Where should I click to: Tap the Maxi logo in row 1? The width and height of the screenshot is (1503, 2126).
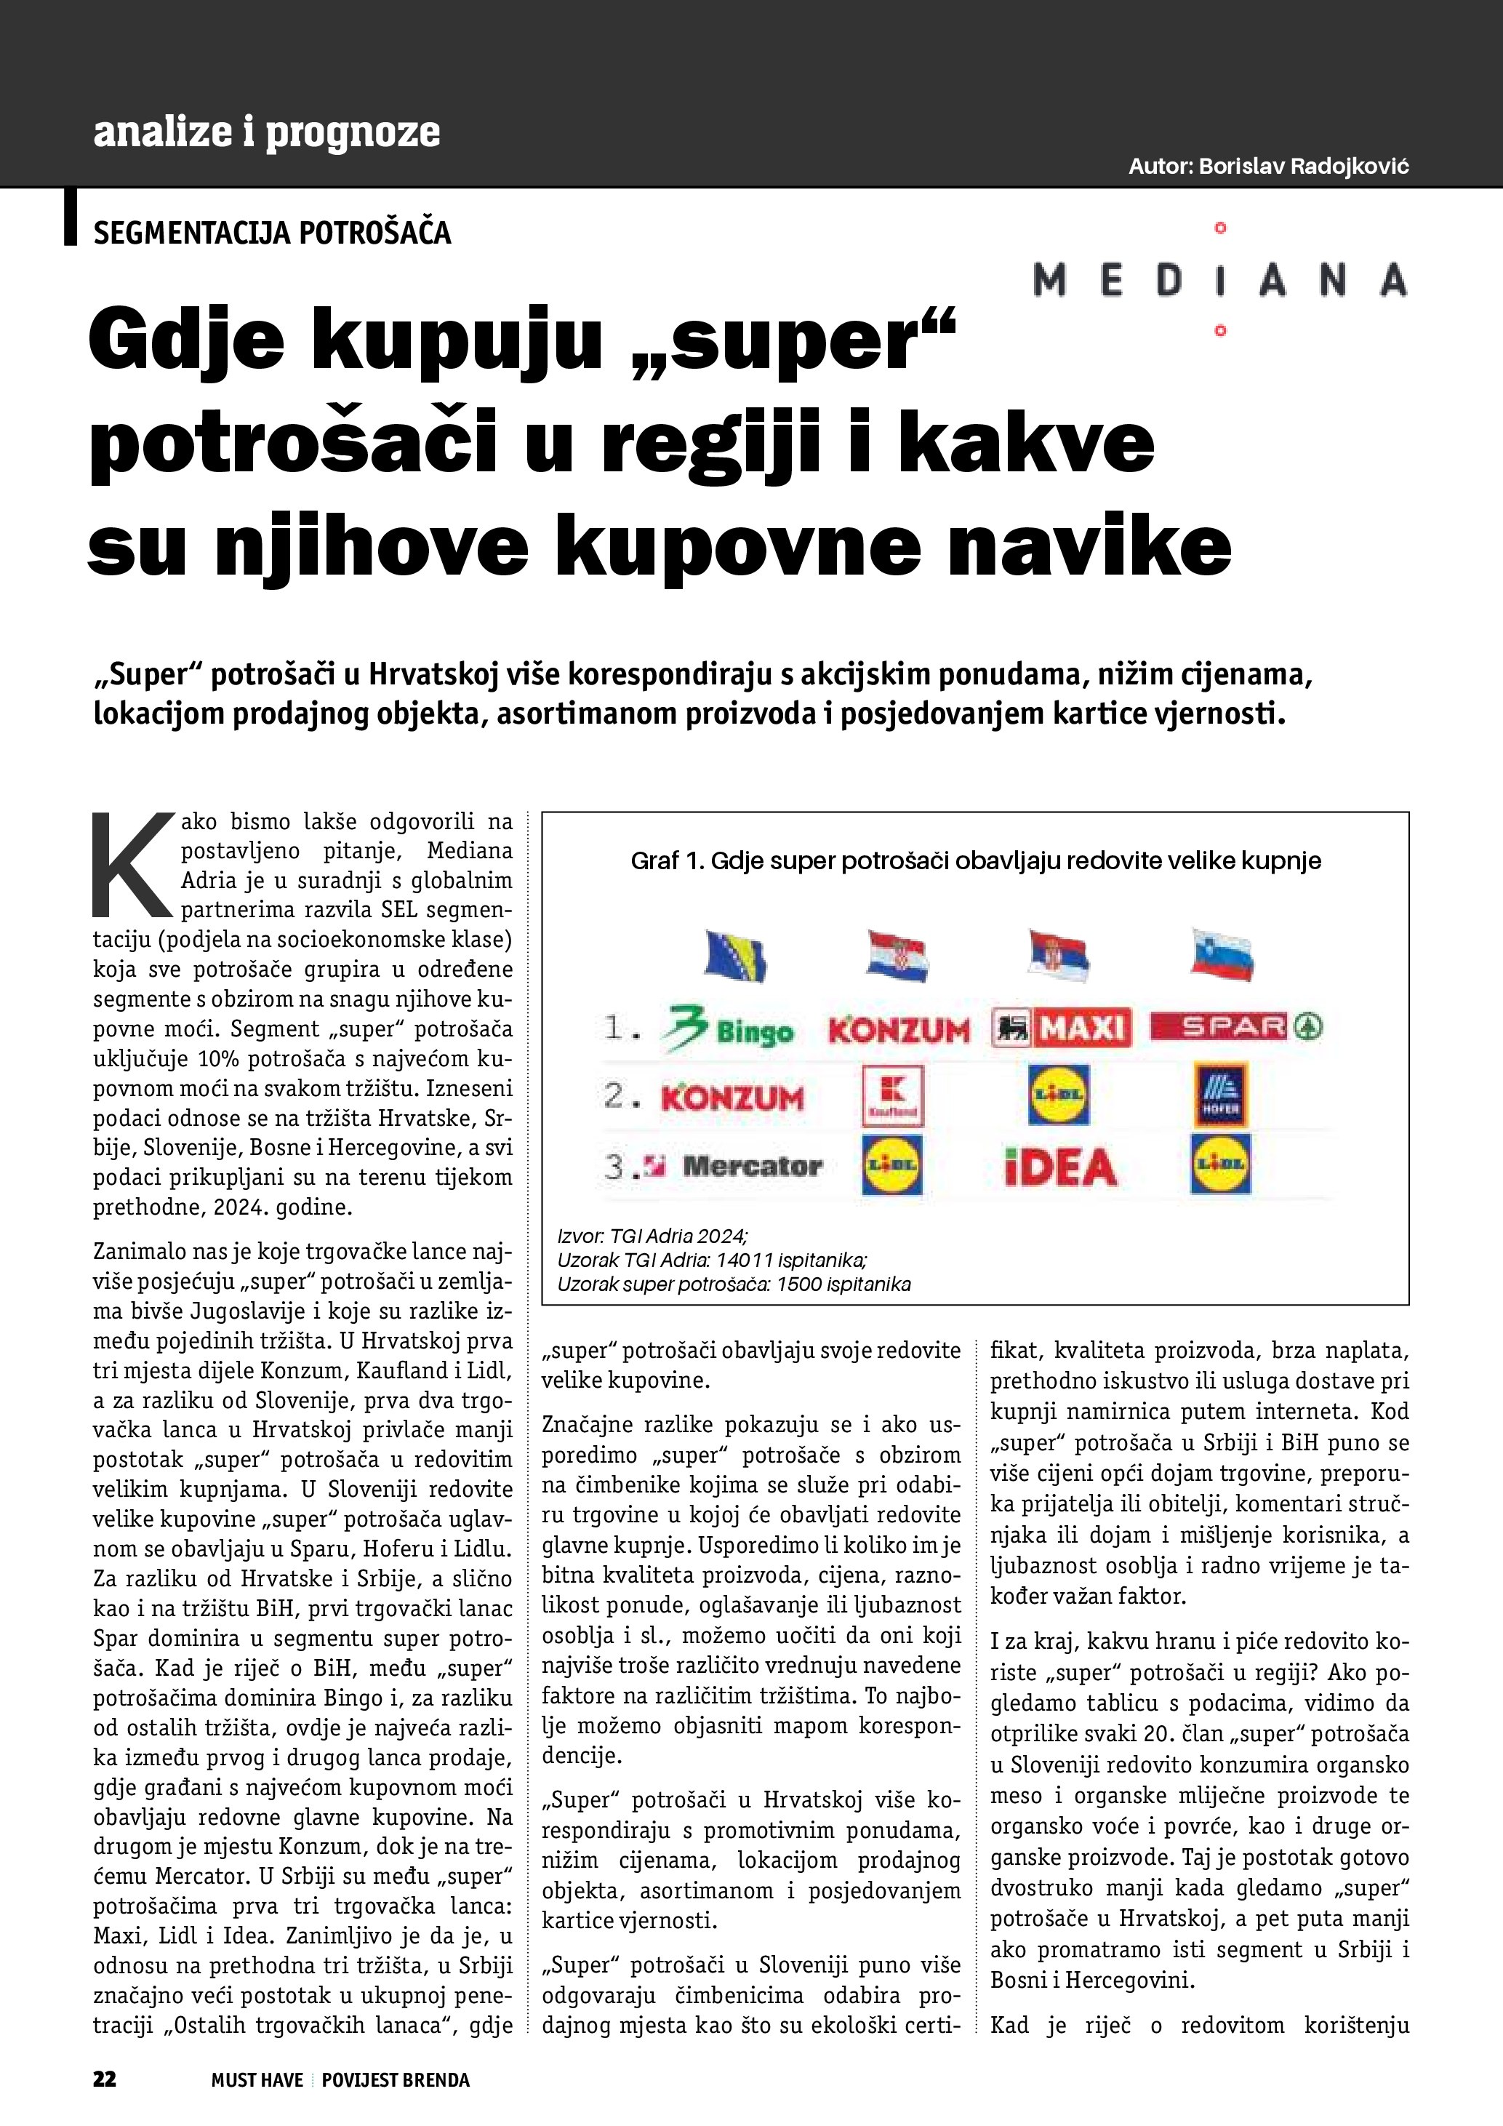(x=1062, y=1027)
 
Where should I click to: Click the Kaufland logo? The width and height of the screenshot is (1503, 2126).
(x=892, y=1095)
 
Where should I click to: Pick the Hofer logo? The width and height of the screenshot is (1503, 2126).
(x=1220, y=1095)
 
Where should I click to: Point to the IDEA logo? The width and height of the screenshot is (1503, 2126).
(x=1061, y=1167)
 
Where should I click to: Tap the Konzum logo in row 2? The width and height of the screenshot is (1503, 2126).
(x=732, y=1098)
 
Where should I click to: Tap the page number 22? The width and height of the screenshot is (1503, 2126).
(x=105, y=2079)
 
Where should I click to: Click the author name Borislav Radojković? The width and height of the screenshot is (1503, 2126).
(x=1303, y=167)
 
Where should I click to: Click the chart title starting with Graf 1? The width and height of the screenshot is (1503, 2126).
(x=976, y=860)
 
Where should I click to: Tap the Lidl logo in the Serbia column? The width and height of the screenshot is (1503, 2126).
(x=1059, y=1095)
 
